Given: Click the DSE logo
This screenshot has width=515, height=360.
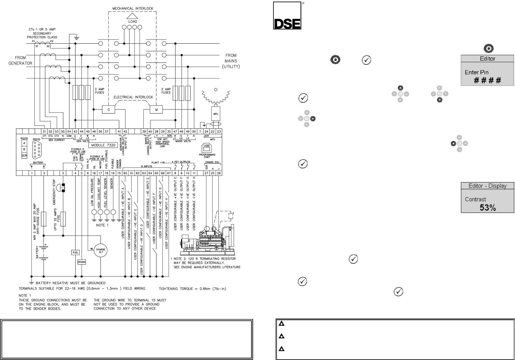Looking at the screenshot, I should coord(287,16).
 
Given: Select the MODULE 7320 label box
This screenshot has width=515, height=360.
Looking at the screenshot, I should coord(104,145).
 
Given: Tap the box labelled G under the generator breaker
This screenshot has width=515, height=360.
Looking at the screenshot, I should coord(109,110).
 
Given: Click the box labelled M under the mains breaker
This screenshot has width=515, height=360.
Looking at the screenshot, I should coord(156,110).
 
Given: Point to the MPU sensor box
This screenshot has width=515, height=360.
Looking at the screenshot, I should coord(216,114).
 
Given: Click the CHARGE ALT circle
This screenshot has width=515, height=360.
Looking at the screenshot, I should coord(101,251).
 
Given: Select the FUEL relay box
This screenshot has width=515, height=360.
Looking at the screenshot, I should coord(75,253).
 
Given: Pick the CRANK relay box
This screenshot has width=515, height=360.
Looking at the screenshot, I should coord(82,262).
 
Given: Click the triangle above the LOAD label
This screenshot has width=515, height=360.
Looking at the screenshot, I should coord(133,16).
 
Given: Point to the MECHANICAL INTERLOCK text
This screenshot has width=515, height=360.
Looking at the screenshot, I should coord(133,8).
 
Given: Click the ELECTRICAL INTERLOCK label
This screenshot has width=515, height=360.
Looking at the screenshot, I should coord(133,97).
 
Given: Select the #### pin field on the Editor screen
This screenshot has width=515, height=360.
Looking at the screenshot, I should coord(487,80).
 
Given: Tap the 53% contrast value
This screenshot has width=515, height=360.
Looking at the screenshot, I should coord(488,208).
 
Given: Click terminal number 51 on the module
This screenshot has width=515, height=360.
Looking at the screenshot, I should coord(44,131).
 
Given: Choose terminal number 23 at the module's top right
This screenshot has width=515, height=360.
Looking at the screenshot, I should coord(219,131).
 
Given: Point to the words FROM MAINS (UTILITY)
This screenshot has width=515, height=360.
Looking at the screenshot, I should coord(231,61).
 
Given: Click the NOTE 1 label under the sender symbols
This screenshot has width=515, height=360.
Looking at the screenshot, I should coord(102,225).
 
